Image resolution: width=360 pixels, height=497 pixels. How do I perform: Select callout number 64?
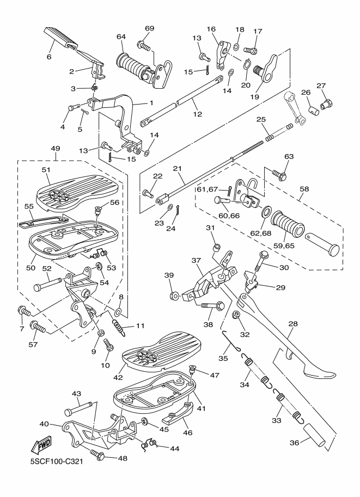coord(121,36)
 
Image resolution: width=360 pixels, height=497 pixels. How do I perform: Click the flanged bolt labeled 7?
coord(23,311)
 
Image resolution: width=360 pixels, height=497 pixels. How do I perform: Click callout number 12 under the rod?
coord(197,114)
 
